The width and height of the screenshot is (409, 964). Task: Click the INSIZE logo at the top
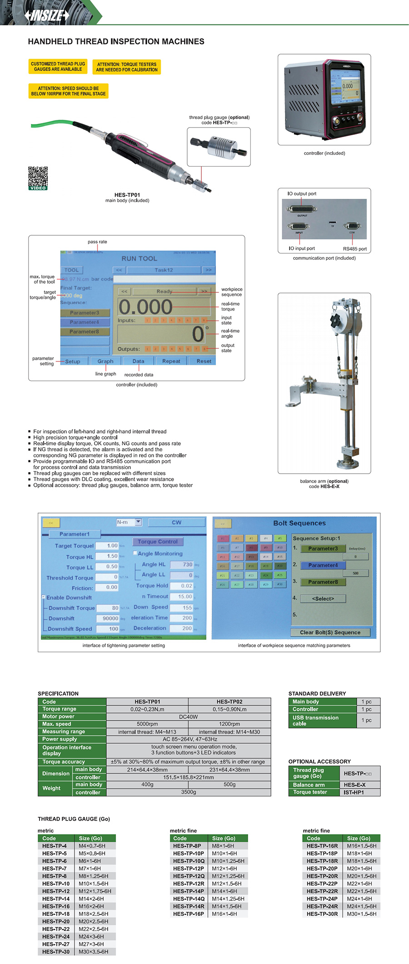pyautogui.click(x=47, y=15)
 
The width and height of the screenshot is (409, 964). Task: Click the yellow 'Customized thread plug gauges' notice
pyautogui.click(x=58, y=67)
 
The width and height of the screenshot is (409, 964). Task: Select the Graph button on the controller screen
pyautogui.click(x=105, y=361)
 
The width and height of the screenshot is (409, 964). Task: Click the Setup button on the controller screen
pyautogui.click(x=73, y=361)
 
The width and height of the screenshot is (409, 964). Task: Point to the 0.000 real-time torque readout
pyautogui.click(x=145, y=307)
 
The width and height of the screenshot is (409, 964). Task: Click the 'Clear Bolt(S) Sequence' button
pyautogui.click(x=330, y=633)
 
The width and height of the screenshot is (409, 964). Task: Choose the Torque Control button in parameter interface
pyautogui.click(x=158, y=542)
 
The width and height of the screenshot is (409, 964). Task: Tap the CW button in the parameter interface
pyautogui.click(x=176, y=523)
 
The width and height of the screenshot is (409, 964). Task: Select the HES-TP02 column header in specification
pyautogui.click(x=229, y=702)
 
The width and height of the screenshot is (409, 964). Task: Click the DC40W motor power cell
pyautogui.click(x=189, y=717)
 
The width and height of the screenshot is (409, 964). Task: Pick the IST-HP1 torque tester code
pyautogui.click(x=354, y=792)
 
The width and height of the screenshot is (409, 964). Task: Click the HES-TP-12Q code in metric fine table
pyautogui.click(x=189, y=876)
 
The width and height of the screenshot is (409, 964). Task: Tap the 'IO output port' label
pyautogui.click(x=302, y=193)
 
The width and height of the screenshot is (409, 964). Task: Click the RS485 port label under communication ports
pyautogui.click(x=354, y=249)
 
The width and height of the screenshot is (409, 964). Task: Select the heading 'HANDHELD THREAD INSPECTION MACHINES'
pyautogui.click(x=116, y=42)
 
